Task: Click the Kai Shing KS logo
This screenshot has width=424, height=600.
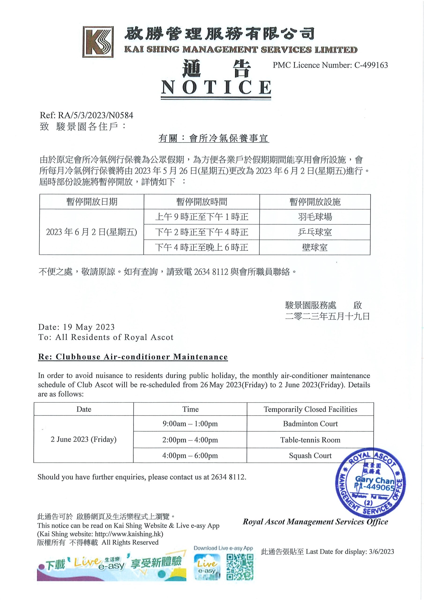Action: click(98, 41)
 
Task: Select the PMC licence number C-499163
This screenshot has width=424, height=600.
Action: click(371, 65)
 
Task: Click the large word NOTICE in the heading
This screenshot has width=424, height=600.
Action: click(216, 87)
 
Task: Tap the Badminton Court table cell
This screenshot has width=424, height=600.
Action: click(310, 424)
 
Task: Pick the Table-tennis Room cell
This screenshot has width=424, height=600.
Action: click(310, 440)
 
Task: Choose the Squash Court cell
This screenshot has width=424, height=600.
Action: click(310, 455)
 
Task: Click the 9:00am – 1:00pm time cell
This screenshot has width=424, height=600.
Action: click(190, 424)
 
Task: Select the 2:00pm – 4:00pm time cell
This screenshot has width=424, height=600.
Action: click(190, 440)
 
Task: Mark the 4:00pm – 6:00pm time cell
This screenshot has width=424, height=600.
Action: click(190, 455)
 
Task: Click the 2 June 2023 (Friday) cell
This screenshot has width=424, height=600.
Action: click(84, 439)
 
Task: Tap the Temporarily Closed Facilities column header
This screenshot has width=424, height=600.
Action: click(310, 409)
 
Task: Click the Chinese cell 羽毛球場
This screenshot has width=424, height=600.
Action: click(315, 217)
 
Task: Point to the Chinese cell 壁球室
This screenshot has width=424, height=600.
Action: click(315, 247)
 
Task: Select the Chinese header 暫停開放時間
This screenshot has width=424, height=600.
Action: click(201, 202)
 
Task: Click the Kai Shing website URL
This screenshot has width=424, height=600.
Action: click(129, 534)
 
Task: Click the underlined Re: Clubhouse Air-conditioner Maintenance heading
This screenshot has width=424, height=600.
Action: click(133, 357)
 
